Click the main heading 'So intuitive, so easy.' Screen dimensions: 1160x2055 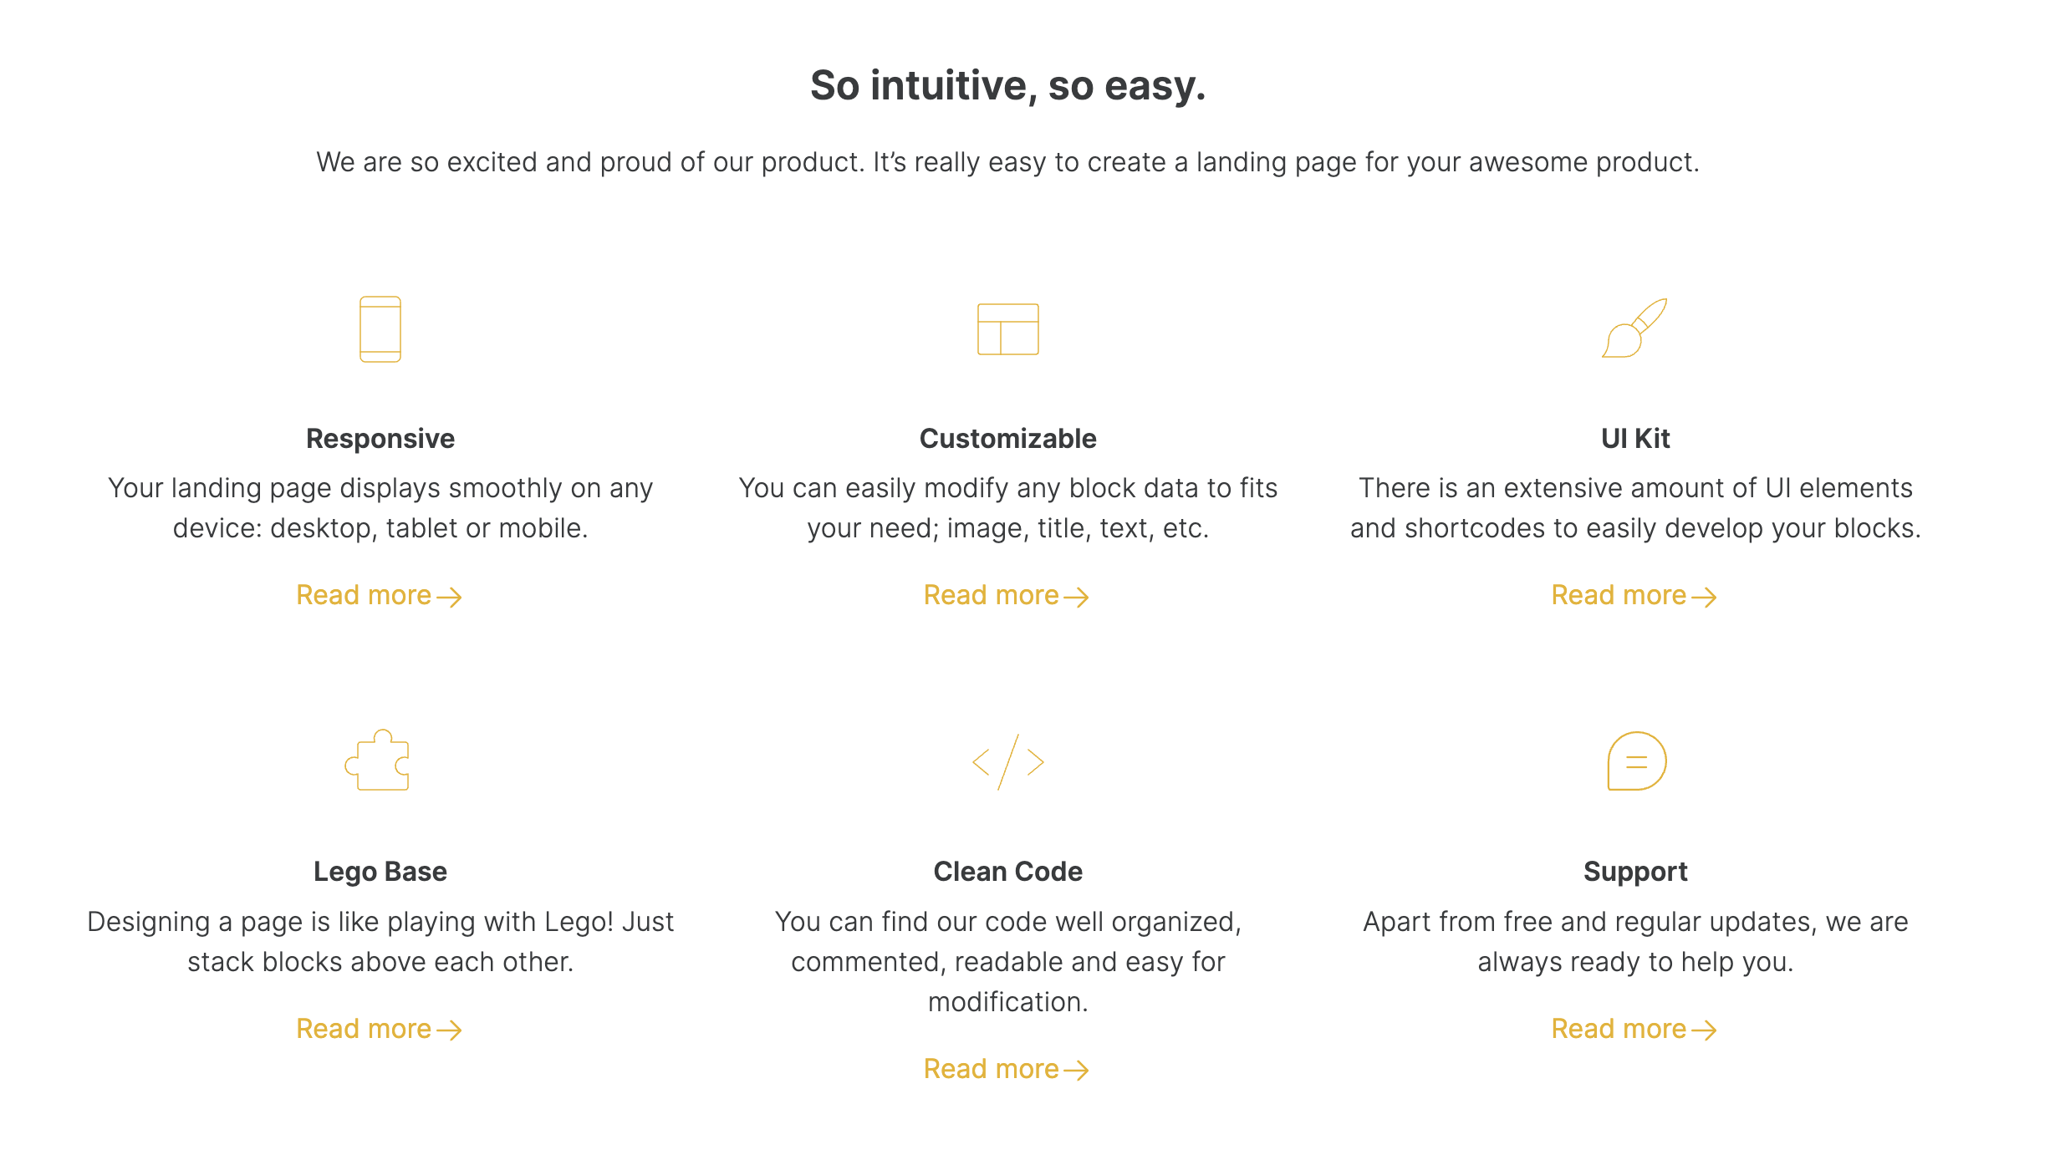click(1007, 85)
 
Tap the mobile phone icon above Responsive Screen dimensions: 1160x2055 click(380, 329)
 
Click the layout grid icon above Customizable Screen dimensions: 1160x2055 click(1007, 329)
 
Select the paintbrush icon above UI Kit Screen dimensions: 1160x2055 click(1634, 328)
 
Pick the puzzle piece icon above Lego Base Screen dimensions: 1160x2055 click(378, 761)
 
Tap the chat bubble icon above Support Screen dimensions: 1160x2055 click(1636, 761)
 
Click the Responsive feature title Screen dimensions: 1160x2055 click(380, 439)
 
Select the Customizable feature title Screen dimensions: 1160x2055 click(1007, 439)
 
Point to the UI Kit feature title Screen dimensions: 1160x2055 click(1635, 439)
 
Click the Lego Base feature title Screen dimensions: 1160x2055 click(380, 872)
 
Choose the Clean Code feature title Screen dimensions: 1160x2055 click(1007, 872)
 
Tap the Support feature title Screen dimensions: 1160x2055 click(1635, 872)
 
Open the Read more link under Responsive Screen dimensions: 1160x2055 click(379, 596)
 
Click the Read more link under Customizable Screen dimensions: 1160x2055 click(1006, 596)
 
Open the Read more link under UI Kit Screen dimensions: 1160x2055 click(1634, 596)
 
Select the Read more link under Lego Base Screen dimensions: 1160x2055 click(379, 1030)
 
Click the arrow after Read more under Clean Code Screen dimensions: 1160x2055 click(1076, 1071)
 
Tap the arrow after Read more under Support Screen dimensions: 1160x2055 click(1704, 1030)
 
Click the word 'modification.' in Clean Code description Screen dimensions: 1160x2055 click(1007, 1002)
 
